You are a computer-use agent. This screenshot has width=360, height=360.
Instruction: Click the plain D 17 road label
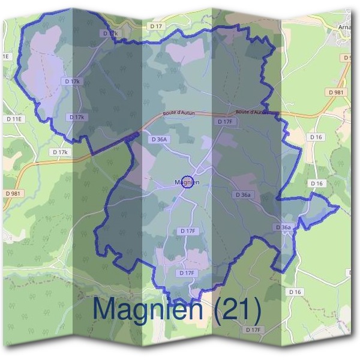tap(157, 26)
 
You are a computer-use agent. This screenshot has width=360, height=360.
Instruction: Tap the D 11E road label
tap(14, 119)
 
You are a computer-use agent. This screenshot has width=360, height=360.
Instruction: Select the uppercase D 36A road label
tap(158, 139)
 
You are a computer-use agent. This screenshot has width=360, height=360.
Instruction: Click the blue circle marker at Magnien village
tap(187, 182)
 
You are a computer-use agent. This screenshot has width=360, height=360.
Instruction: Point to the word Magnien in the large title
tap(153, 310)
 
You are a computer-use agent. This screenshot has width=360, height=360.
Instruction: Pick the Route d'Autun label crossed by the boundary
tap(252, 112)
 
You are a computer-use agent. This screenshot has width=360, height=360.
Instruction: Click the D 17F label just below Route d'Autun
tap(224, 122)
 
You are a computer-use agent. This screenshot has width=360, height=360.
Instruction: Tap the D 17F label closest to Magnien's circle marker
tap(188, 230)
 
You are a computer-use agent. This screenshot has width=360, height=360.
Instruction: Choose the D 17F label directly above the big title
tap(187, 273)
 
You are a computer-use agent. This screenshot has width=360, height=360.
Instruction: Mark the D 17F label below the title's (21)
tap(254, 330)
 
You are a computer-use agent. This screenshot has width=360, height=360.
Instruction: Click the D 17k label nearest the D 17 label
tap(111, 34)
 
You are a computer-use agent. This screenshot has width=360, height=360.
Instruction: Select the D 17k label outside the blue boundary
tap(61, 152)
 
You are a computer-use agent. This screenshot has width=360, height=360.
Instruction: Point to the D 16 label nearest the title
tap(294, 292)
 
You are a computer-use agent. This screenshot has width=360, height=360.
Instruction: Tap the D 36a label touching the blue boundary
tap(283, 227)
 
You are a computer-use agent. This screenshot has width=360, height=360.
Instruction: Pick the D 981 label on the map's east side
tap(337, 92)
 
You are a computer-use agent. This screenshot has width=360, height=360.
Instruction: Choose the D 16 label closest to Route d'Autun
tap(317, 137)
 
